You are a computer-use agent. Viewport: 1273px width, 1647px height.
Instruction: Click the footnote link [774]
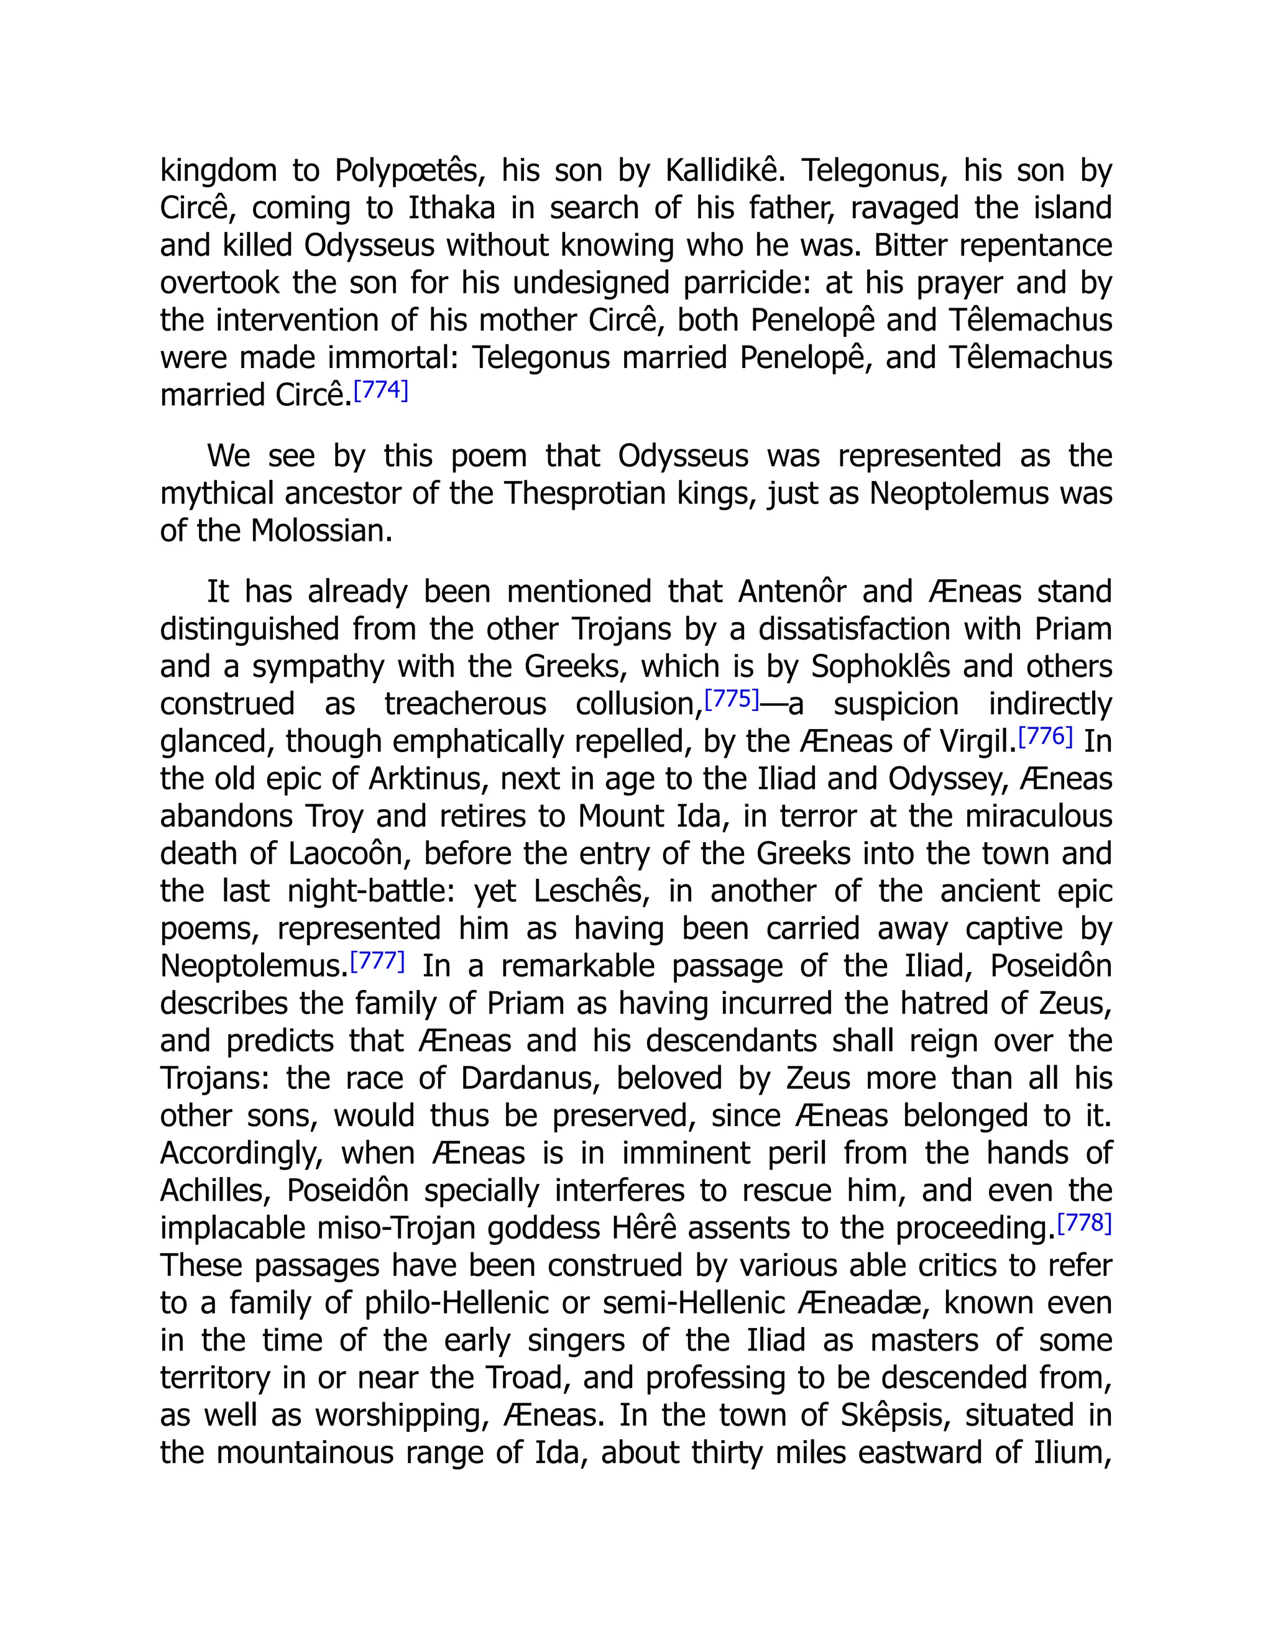[381, 391]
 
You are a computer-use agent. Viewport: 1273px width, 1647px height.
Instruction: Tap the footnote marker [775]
[731, 699]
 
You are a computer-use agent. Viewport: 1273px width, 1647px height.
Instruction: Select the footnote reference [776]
[1046, 736]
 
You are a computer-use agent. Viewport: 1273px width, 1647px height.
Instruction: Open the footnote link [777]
[377, 961]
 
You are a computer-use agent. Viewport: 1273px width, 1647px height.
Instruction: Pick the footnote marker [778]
[1085, 1223]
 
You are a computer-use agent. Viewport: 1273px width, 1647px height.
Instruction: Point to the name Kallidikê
[725, 171]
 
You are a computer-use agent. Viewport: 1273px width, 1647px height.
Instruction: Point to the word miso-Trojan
[397, 1229]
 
